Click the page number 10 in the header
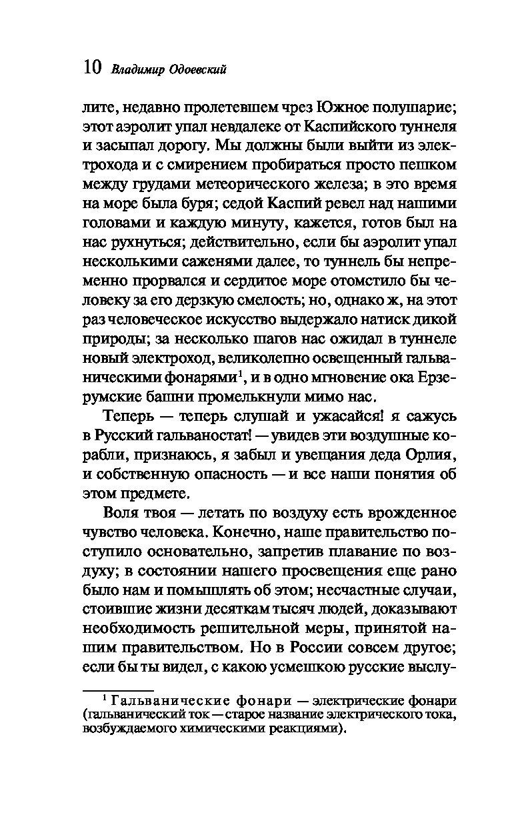(x=91, y=68)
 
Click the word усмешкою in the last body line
(x=280, y=665)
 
